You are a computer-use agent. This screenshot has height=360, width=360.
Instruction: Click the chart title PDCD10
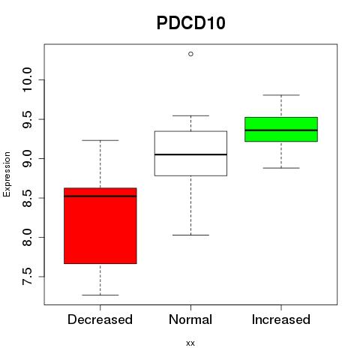[191, 23]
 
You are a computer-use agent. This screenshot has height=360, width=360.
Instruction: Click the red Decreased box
[100, 226]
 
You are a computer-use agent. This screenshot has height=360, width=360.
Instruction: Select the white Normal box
[190, 154]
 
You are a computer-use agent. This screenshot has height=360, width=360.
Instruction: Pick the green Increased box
[281, 129]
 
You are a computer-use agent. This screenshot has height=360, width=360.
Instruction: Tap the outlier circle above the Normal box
[190, 54]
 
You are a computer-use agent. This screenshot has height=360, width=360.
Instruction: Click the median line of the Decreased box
[100, 196]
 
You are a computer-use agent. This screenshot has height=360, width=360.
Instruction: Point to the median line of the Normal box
[190, 154]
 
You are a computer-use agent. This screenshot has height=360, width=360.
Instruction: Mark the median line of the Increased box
[281, 130]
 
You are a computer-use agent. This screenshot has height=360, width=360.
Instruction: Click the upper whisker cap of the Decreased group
[100, 140]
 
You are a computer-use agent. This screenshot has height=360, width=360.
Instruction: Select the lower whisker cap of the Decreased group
[100, 295]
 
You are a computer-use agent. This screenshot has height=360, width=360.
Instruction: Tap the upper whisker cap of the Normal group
[190, 115]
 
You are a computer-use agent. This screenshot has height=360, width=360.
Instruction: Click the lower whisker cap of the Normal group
[190, 235]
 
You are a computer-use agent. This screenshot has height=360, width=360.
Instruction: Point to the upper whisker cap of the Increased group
[281, 95]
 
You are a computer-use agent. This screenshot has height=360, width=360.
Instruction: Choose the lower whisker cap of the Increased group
[281, 168]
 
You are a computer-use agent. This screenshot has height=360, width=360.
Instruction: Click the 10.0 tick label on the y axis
[27, 79]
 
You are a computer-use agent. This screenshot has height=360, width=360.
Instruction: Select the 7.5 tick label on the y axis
[27, 277]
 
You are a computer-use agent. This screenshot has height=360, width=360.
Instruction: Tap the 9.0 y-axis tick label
[27, 158]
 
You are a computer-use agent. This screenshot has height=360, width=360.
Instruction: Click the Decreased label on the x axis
[100, 319]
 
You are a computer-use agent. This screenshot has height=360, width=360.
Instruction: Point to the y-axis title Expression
[7, 174]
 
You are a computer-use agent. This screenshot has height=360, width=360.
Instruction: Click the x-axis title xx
[190, 343]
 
